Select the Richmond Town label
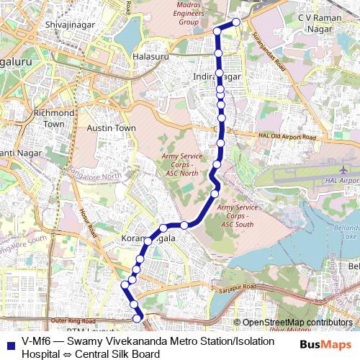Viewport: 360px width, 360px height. coord(53,119)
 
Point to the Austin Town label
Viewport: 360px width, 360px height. coord(111,127)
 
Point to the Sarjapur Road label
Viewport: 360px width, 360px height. coord(237,289)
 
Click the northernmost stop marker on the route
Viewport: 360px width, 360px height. coord(235,22)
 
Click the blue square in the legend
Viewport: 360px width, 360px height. coord(11,341)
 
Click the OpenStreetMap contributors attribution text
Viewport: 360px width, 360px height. coord(297,323)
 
